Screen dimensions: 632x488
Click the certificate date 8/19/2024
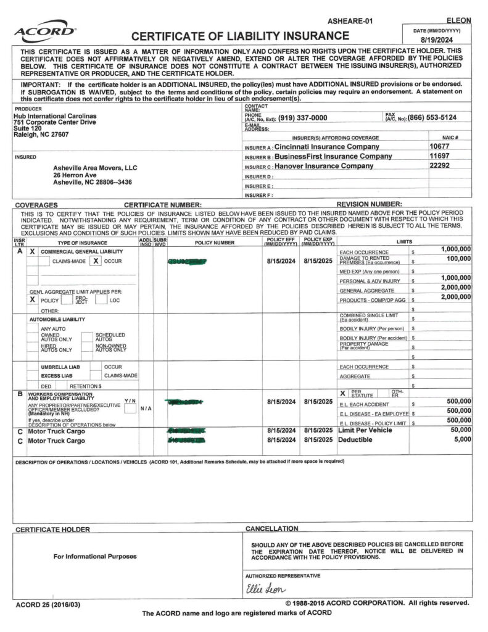click(x=436, y=38)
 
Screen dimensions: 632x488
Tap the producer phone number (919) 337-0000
click(x=302, y=118)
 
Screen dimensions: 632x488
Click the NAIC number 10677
click(x=440, y=147)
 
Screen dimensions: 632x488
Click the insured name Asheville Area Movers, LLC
click(x=96, y=168)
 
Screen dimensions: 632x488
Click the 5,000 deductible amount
click(x=462, y=439)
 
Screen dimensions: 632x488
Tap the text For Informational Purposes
click(x=95, y=556)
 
